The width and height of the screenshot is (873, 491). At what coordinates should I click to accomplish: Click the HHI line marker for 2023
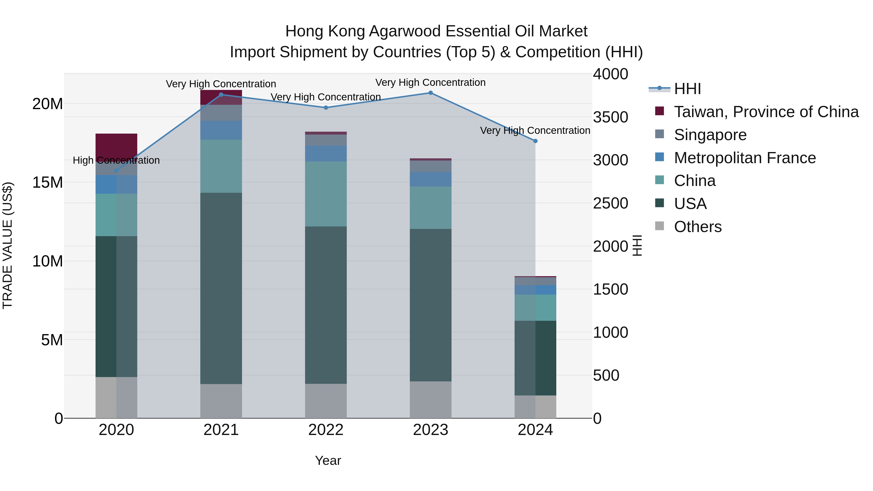(x=430, y=93)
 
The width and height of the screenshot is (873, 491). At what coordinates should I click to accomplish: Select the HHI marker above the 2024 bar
(x=535, y=141)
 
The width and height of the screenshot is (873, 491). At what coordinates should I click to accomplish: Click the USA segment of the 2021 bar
(x=221, y=288)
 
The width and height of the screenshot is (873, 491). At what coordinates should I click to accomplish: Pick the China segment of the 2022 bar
(x=326, y=194)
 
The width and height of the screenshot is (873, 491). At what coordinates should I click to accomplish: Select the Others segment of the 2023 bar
(x=430, y=400)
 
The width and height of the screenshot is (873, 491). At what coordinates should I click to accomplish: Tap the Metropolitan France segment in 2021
(x=221, y=130)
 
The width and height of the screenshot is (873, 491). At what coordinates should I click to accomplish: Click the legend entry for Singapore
(x=710, y=135)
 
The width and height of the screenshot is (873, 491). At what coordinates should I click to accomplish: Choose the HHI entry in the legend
(x=687, y=89)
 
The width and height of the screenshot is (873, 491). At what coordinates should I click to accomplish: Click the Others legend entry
(x=697, y=227)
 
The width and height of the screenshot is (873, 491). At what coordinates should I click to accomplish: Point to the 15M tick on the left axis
(x=48, y=182)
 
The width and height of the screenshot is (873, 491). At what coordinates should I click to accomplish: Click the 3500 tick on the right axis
(x=610, y=117)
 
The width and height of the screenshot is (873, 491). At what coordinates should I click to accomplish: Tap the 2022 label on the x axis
(x=326, y=430)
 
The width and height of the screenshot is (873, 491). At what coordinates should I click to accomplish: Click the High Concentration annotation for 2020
(x=116, y=160)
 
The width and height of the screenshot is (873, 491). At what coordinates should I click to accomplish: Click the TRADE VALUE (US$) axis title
(x=8, y=245)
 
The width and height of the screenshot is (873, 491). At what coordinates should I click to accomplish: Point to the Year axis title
(x=328, y=460)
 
